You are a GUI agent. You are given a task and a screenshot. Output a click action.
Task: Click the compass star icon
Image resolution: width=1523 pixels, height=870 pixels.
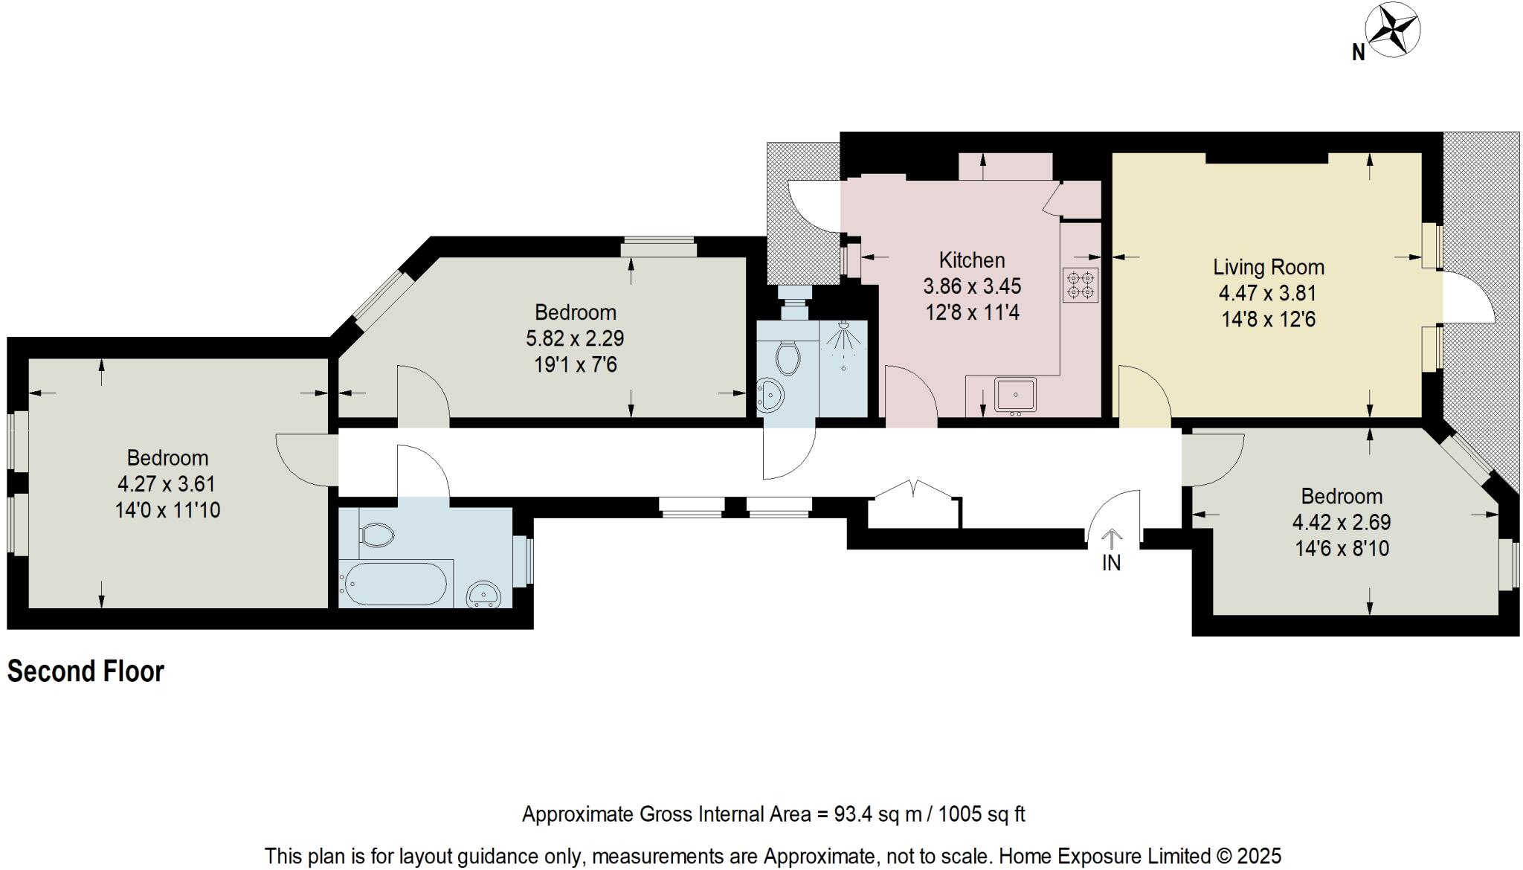click(x=1392, y=31)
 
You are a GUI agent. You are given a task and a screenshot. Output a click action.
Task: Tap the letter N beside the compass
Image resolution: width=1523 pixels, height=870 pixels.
click(x=1358, y=53)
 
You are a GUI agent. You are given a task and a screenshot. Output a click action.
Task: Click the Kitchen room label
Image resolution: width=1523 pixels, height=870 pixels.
click(x=971, y=260)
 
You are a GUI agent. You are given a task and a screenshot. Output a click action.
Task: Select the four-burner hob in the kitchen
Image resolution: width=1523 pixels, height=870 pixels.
click(x=1081, y=285)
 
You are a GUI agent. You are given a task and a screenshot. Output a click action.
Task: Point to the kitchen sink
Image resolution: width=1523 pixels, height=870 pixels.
click(x=1016, y=395)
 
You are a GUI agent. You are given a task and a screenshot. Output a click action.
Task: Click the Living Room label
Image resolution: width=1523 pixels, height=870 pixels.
click(x=1268, y=267)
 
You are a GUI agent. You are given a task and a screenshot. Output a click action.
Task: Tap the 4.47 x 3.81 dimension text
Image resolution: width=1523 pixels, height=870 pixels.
click(x=1268, y=293)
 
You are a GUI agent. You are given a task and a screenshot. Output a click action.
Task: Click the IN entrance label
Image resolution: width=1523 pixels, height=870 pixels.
click(x=1111, y=564)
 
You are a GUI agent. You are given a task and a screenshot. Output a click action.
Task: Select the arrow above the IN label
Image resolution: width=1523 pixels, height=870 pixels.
click(x=1111, y=537)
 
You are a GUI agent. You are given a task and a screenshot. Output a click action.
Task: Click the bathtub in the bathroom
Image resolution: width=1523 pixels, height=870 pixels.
click(x=394, y=584)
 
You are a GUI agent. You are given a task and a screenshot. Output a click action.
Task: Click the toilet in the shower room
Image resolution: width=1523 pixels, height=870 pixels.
click(x=788, y=358)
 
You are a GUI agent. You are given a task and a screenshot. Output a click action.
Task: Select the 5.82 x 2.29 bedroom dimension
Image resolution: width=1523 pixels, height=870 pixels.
click(x=575, y=338)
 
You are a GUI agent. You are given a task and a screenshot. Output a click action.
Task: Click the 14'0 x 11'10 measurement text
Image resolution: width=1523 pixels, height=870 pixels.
click(x=167, y=510)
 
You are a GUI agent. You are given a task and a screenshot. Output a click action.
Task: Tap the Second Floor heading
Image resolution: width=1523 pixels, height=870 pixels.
click(x=86, y=671)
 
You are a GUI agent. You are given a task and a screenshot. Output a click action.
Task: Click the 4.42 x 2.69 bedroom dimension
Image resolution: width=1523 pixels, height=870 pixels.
click(x=1342, y=522)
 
